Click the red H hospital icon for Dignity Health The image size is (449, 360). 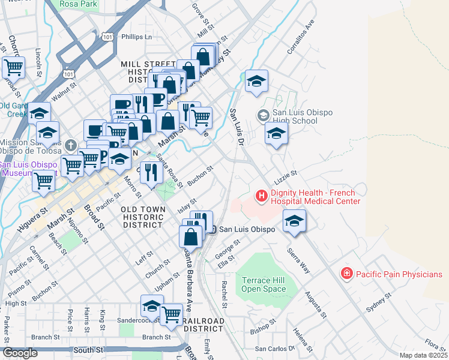[262, 196]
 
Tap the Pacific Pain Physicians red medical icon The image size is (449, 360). [346, 274]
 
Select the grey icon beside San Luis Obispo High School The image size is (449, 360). [263, 115]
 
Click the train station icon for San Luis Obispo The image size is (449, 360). [211, 229]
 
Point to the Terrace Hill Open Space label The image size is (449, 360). [264, 284]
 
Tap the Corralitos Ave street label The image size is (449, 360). [301, 37]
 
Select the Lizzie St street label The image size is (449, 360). [286, 175]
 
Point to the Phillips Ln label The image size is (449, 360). [137, 37]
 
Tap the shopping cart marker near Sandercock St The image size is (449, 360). [172, 314]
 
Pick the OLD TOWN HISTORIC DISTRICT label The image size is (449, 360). [142, 217]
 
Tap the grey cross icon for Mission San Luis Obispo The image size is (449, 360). [71, 145]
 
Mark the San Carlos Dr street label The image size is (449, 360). [275, 348]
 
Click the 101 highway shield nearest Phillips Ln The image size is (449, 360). [107, 37]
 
